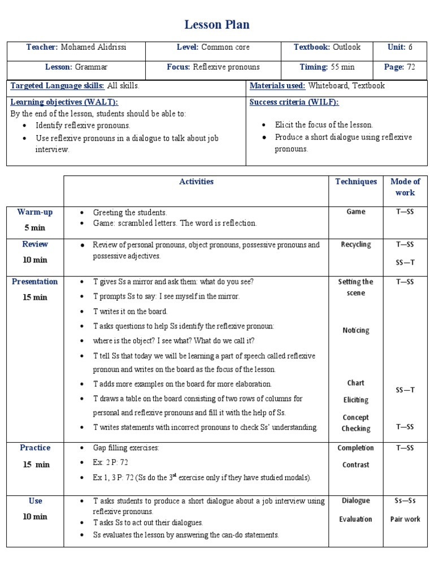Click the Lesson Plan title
point(217,25)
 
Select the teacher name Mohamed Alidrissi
point(94,47)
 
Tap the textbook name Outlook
point(346,47)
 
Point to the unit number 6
point(411,47)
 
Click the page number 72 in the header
point(411,67)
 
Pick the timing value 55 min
point(342,67)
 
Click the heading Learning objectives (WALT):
point(64,102)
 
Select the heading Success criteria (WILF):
point(294,102)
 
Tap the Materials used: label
point(277,86)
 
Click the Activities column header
point(196,182)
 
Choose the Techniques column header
point(356,182)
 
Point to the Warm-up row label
point(35,212)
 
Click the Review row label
point(35,244)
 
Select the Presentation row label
point(35,282)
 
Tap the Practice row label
point(35,448)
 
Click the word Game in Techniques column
point(356,212)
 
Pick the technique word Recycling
point(356,245)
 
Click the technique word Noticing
point(356,330)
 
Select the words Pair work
point(405,519)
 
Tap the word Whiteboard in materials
point(328,86)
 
